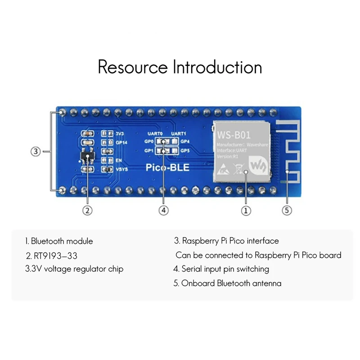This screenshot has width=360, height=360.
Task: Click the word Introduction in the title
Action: (217, 67)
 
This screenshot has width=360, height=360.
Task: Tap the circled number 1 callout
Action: (245, 210)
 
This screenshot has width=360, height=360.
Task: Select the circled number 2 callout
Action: (88, 210)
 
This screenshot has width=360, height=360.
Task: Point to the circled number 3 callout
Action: (36, 152)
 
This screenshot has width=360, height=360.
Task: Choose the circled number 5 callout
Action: (287, 210)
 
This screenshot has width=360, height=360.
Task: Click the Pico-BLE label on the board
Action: (168, 168)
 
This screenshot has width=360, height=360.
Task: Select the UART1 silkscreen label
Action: (178, 134)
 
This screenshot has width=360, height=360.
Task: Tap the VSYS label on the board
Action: (122, 169)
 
